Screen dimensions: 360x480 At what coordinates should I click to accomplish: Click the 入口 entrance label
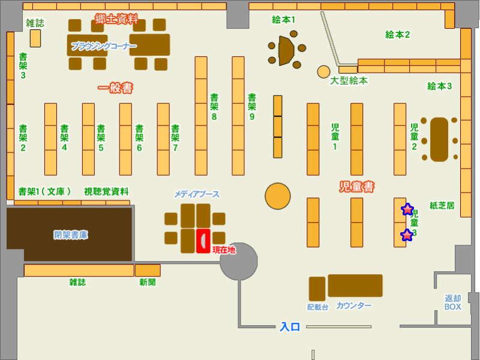pos(290,327)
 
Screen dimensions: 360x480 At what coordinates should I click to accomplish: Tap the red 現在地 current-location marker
pos(203,241)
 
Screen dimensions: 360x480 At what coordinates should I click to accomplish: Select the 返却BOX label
pos(453,302)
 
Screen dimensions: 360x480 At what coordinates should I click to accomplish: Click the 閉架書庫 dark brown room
pos(70,235)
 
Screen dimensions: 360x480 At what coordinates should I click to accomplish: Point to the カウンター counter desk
pos(355,286)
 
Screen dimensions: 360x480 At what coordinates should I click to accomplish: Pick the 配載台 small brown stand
pos(317,289)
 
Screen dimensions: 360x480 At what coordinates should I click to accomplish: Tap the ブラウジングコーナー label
pos(104,46)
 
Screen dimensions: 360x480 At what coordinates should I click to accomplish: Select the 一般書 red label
pos(115,88)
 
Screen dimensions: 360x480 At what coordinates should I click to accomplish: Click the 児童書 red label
pos(356,187)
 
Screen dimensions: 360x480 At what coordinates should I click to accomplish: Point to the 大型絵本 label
pos(349,80)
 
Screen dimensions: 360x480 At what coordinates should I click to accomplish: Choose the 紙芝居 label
pos(442,205)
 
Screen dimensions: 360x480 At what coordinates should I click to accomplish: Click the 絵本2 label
pos(397,34)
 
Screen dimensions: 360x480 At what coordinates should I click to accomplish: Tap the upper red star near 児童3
pos(407,209)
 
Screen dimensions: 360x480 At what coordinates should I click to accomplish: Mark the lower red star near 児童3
pos(407,235)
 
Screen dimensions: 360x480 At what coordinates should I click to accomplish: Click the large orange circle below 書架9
pos(278,196)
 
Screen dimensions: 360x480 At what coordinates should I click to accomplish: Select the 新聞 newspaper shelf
pos(148,270)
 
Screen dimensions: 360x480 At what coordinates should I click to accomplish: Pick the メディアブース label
pos(197,194)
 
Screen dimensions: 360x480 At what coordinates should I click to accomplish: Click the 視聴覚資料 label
pos(106,191)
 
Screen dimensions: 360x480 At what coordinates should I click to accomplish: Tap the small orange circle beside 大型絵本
pos(324,72)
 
